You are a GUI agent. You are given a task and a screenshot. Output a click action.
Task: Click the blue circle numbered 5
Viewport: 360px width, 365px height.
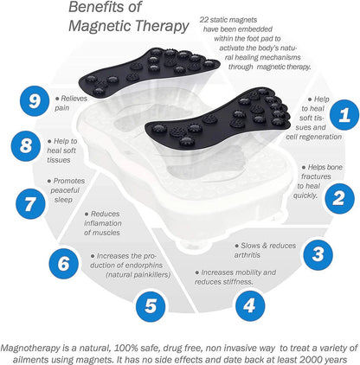pos(151,303)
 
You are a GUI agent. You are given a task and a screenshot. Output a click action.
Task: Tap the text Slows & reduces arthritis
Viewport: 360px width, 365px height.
pos(266,250)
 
